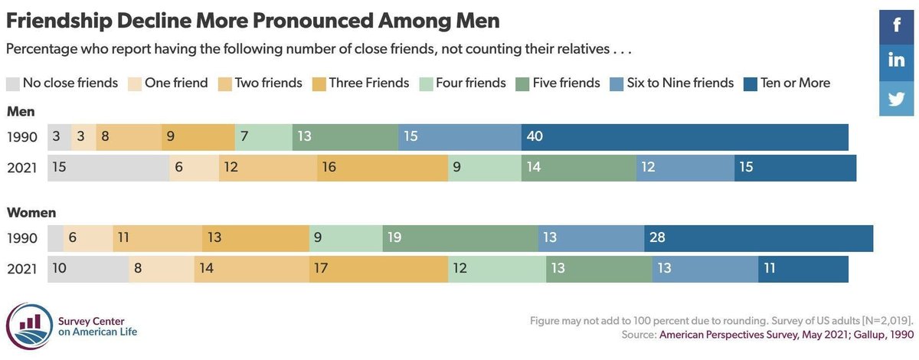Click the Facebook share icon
click(898, 25)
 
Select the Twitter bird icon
click(898, 98)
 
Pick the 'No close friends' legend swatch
click(13, 83)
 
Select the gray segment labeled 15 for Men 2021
click(108, 168)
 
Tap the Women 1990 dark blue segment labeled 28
click(758, 238)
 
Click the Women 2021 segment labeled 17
click(378, 269)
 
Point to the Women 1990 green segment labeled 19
click(459, 238)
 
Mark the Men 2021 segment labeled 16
click(382, 168)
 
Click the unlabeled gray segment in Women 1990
click(55, 238)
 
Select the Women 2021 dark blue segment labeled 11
click(803, 269)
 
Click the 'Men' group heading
click(21, 112)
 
